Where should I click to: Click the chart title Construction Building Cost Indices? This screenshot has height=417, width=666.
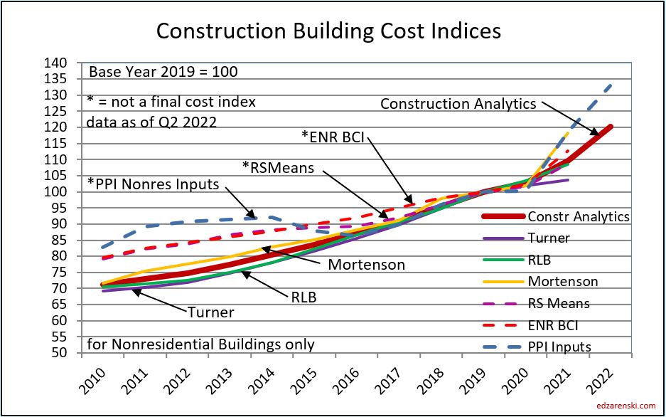(x=329, y=31)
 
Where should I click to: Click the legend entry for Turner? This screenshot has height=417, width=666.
(x=548, y=238)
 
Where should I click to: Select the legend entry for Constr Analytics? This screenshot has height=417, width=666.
(x=579, y=216)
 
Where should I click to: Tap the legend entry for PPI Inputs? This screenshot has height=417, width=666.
(x=559, y=347)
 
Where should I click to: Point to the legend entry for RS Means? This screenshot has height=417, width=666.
(x=558, y=303)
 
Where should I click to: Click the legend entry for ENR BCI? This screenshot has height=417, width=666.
(x=557, y=325)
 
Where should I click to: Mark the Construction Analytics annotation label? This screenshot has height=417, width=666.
(x=458, y=104)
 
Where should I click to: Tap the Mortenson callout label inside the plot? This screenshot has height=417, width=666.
(x=366, y=265)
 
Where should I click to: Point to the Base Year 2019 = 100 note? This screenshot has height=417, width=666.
(x=162, y=72)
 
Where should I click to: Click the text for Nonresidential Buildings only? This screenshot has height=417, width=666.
(x=200, y=344)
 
